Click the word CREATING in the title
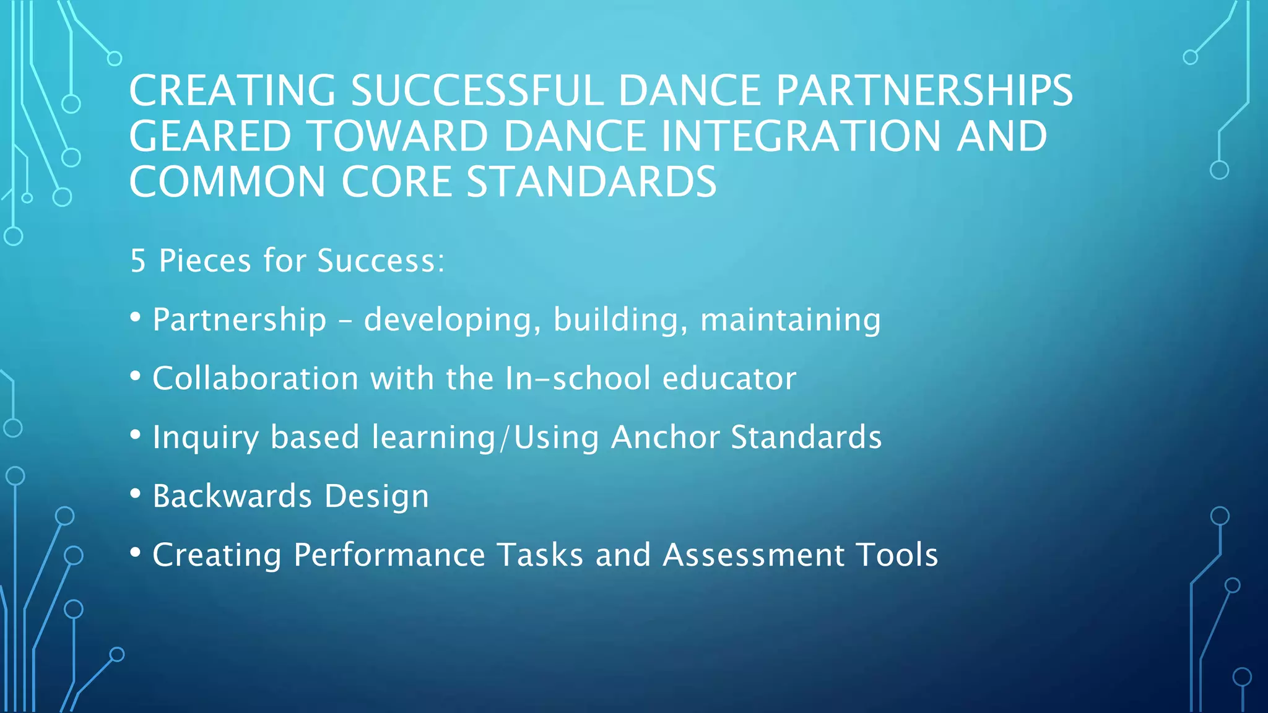tap(232, 91)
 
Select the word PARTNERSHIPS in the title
tap(924, 91)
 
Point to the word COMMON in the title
tap(227, 182)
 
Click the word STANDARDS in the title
tap(591, 182)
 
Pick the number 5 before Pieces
tap(137, 261)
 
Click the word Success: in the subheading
tap(381, 261)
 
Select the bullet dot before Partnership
tap(136, 317)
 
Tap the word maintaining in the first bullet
tap(790, 320)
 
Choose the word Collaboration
tap(255, 378)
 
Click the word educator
tap(729, 378)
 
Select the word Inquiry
tap(205, 438)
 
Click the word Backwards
tap(232, 496)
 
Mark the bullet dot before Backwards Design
tap(136, 493)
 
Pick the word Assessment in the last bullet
tap(753, 555)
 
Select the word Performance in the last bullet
tap(389, 555)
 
